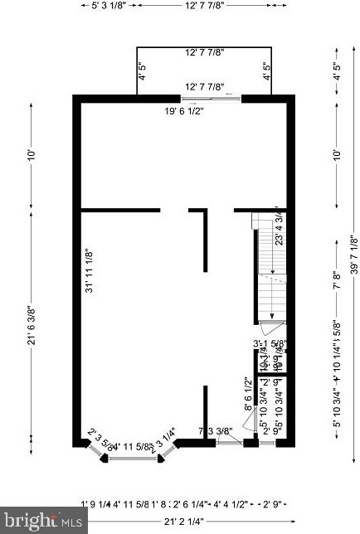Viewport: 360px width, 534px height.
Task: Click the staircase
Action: [271, 265]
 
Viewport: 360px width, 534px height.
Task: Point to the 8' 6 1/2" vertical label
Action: [247, 393]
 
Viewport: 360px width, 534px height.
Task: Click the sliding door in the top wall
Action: [212, 99]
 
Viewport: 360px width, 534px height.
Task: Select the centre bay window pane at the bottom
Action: [134, 457]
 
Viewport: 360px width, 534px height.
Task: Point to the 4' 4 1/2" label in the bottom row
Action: [231, 503]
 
